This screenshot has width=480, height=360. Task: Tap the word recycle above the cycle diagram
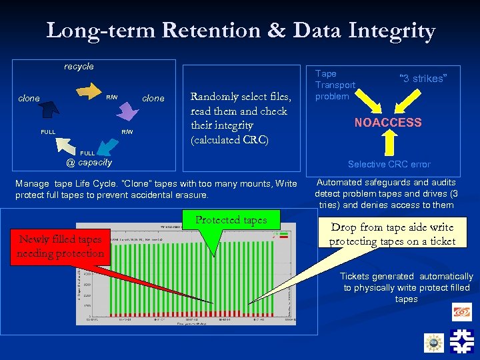pyautogui.click(x=79, y=66)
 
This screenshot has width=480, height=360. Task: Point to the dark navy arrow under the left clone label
pyautogui.click(x=49, y=109)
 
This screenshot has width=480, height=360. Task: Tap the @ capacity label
pyautogui.click(x=89, y=162)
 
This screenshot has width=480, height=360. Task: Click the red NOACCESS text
pyautogui.click(x=388, y=123)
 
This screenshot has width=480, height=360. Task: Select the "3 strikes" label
pyautogui.click(x=422, y=79)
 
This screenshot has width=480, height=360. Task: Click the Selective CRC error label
pyautogui.click(x=389, y=164)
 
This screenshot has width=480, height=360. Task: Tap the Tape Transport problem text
pyautogui.click(x=335, y=85)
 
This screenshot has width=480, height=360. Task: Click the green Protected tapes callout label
pyautogui.click(x=231, y=221)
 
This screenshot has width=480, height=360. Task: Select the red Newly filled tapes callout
pyautogui.click(x=61, y=246)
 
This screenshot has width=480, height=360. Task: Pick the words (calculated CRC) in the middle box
pyautogui.click(x=230, y=140)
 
